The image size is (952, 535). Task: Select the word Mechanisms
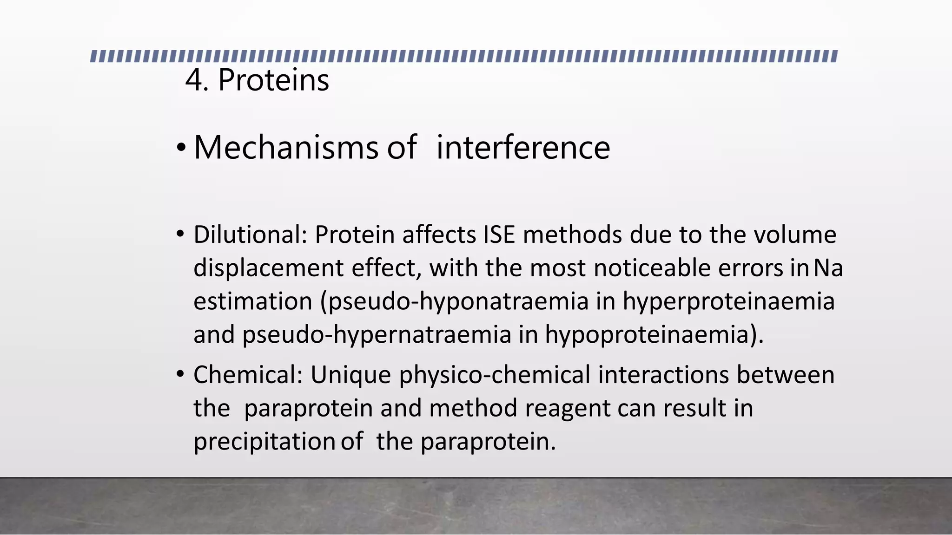(286, 148)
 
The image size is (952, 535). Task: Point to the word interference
(523, 148)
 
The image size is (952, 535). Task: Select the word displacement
(268, 268)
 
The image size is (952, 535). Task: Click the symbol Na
(829, 268)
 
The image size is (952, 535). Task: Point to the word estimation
(252, 301)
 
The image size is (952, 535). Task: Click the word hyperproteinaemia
(728, 301)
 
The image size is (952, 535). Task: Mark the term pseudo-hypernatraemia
(377, 335)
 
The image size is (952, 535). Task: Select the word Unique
(350, 375)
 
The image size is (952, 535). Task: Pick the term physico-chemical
(495, 375)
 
